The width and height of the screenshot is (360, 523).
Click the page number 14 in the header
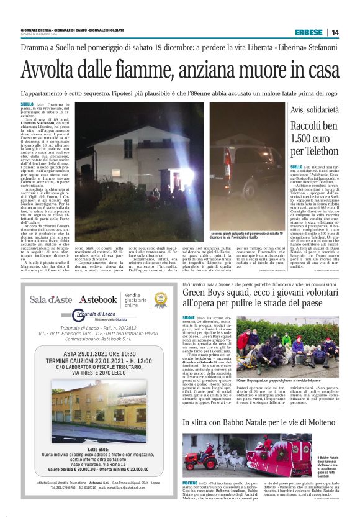click(335, 32)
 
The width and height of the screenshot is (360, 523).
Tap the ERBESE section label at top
click(308, 32)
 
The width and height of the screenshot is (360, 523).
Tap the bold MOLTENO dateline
click(190, 483)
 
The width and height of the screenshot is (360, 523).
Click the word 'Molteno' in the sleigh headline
click(326, 422)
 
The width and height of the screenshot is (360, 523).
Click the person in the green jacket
click(286, 339)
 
